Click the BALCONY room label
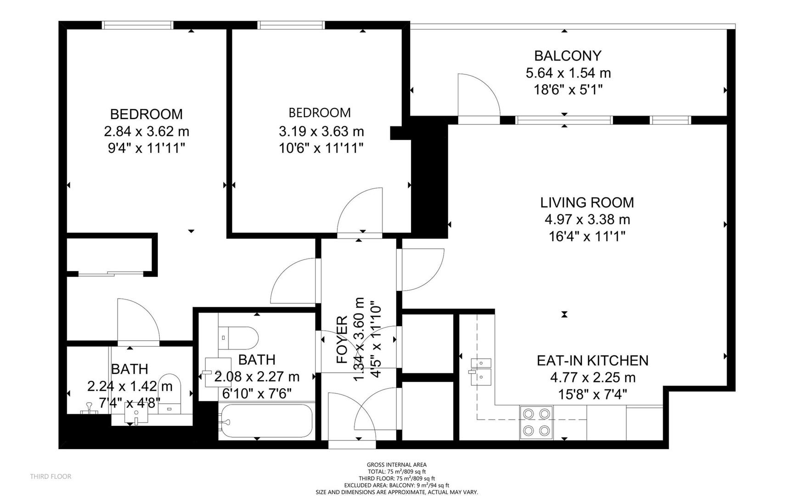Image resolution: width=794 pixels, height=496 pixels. pos(568,56)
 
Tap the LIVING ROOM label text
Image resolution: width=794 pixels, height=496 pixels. pos(587,203)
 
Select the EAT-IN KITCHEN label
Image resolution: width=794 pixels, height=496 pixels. pos(592,361)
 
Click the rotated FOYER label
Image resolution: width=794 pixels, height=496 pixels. pos(342,340)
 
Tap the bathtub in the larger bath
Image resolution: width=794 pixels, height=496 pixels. pos(266,421)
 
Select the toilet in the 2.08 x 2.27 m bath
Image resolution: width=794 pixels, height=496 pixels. pos(238,338)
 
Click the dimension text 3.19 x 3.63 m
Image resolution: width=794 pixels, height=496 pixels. pos(321,131)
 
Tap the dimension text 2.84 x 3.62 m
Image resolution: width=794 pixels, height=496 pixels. pos(146,131)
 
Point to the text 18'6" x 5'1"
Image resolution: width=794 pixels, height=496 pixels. pos(568,90)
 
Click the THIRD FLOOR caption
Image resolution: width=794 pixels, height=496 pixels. pos(51,476)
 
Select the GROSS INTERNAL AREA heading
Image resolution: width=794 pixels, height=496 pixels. pos(396,465)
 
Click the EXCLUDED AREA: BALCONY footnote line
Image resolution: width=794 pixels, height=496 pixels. pos(396,485)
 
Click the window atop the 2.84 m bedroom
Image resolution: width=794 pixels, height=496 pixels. pos(137,25)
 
